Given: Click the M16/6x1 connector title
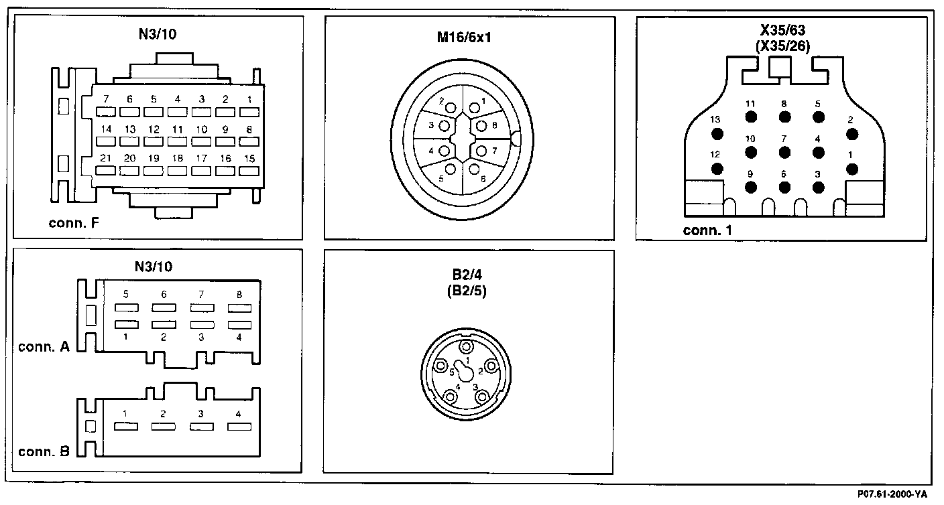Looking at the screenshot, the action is [469, 37].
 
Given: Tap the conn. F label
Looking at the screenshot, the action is [74, 223].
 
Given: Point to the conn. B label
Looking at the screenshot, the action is [44, 451].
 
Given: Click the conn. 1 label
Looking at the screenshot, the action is [708, 231].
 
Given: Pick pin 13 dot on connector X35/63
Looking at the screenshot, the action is [717, 134].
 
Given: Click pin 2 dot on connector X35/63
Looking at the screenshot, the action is [852, 134].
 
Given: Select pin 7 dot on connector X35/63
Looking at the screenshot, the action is [784, 151].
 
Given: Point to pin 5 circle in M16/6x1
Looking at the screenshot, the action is [451, 169].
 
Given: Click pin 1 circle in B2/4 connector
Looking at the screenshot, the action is [467, 347].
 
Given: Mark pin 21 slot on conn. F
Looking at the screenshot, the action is [106, 171].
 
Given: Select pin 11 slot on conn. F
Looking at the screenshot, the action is [178, 142].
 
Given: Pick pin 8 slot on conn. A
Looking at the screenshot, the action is [239, 308].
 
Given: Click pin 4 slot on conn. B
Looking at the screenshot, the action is [239, 427].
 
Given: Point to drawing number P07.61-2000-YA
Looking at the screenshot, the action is [892, 494].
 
